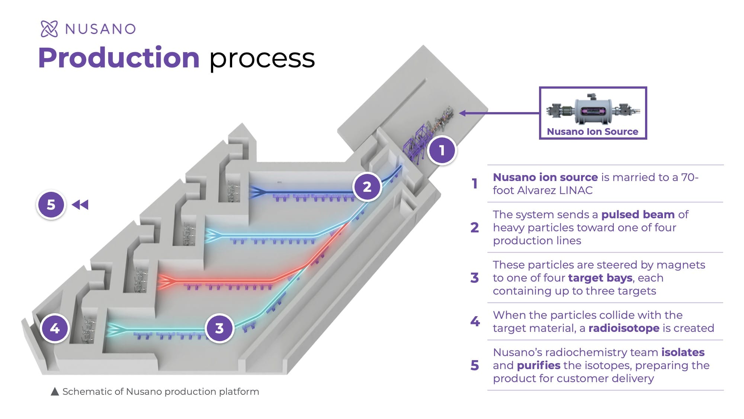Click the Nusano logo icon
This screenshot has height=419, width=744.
pos(49,29)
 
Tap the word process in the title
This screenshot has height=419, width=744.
pos(262,59)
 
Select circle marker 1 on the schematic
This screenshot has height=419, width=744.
pos(442,150)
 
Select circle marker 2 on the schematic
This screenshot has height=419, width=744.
pos(367,187)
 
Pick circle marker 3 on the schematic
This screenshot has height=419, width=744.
pos(219,328)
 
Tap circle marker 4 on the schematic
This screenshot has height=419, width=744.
pos(55,328)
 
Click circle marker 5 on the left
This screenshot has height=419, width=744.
pos(51,204)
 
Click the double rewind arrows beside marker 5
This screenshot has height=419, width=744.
pos(80,204)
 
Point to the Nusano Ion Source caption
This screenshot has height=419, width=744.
pos(592,131)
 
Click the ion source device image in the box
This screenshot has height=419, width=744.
pos(593,109)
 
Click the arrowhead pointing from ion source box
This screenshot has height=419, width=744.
pos(463,113)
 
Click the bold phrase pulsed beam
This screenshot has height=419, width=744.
pos(638,215)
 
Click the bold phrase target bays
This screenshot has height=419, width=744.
pos(600,278)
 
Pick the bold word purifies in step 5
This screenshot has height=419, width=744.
pos(538,365)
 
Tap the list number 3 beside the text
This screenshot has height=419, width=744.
pos(474,278)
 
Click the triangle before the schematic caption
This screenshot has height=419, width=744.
pos(55,391)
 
